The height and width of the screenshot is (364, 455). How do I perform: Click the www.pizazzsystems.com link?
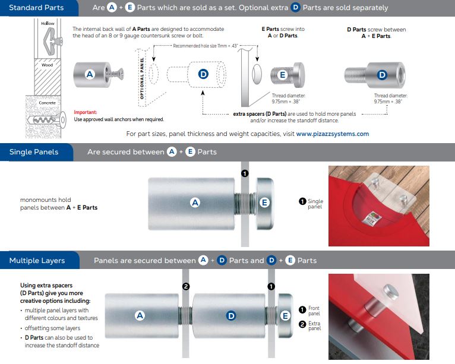coord(333,134)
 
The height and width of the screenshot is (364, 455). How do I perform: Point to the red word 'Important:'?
coord(86,112)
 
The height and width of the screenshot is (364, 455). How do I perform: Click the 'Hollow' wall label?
coord(48,23)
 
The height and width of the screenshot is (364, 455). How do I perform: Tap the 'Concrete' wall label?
coord(47,103)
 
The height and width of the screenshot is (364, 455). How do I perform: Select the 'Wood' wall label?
coord(47,65)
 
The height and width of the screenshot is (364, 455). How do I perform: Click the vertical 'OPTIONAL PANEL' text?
coord(142,78)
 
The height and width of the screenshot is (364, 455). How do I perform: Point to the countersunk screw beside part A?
coord(115,74)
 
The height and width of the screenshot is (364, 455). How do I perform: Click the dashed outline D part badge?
coord(203,74)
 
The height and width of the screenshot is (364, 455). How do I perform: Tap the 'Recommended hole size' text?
coord(206,46)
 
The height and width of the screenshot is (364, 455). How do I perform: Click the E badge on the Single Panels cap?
coord(264,202)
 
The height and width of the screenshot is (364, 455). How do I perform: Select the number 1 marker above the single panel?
coord(245,173)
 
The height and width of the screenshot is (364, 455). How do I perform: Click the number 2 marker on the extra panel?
coord(186,287)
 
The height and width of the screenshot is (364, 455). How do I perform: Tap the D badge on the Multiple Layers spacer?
coord(231,315)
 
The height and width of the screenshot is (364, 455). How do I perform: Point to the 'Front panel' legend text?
coord(314,311)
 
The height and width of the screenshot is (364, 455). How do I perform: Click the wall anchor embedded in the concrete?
coord(46,119)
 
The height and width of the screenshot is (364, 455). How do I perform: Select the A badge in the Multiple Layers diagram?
coord(140,315)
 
